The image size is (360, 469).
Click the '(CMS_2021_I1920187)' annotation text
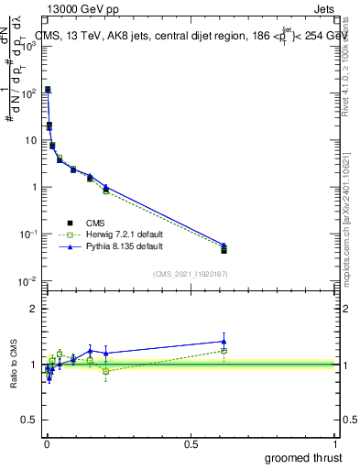(x=191, y=273)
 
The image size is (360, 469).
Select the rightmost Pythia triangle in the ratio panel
(x=224, y=342)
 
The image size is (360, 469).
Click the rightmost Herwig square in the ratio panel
(x=224, y=351)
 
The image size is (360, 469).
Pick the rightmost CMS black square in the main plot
(x=224, y=249)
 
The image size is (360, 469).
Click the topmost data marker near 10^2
(x=48, y=90)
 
